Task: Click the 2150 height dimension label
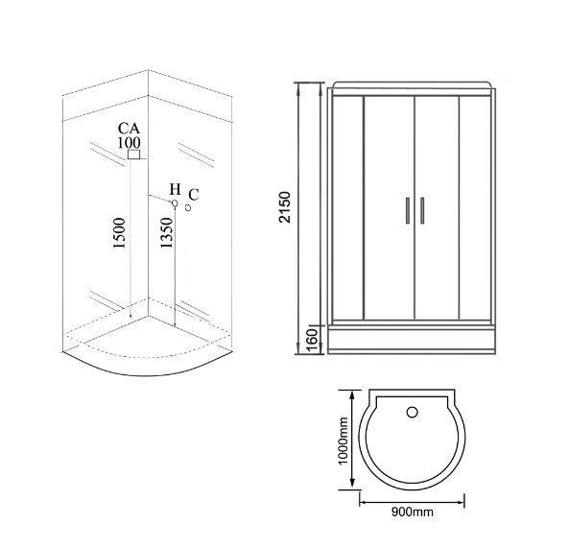(x=285, y=207)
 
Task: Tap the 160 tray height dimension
(x=312, y=340)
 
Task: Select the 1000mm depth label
(x=343, y=441)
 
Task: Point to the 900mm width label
(x=413, y=512)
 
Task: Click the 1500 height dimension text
(x=119, y=233)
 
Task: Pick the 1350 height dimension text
(x=166, y=232)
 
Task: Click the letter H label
(x=176, y=189)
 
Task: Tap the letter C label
(x=194, y=195)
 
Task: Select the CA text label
(x=129, y=129)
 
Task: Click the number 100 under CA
(x=129, y=143)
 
